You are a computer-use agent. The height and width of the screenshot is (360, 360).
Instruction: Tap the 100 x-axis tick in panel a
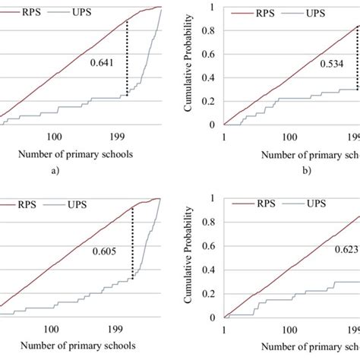pos(55,136)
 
